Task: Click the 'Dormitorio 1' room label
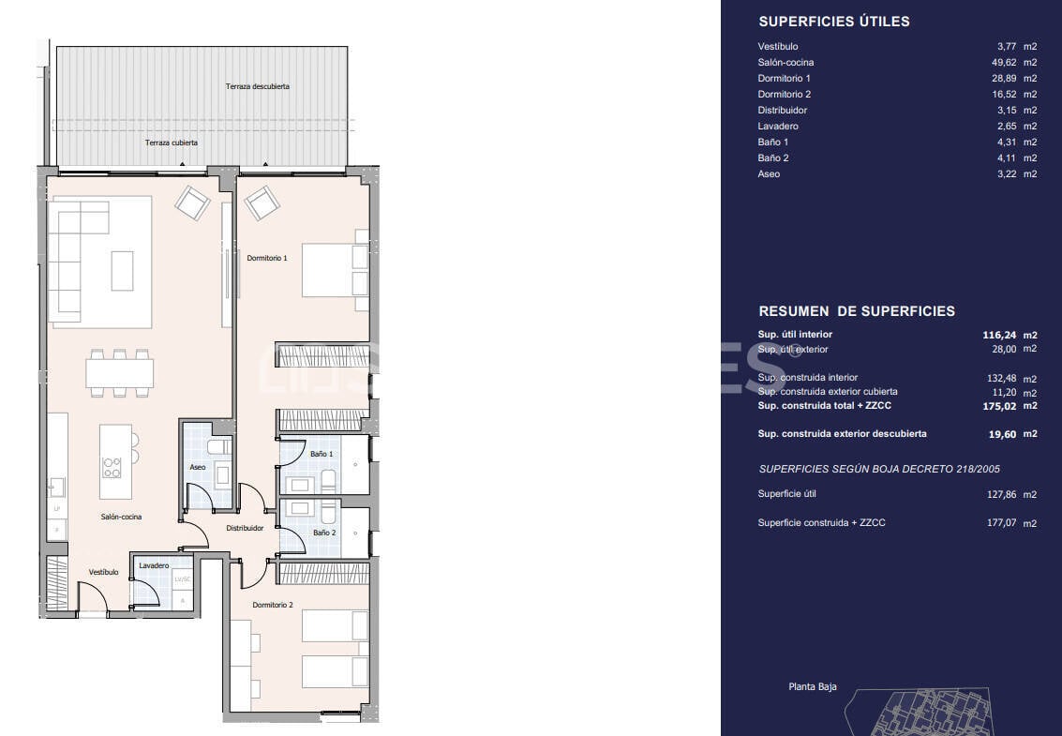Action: click(x=267, y=258)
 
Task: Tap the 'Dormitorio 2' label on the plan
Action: click(x=273, y=606)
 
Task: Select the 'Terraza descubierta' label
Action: click(x=257, y=86)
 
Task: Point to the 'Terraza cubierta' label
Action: click(x=171, y=143)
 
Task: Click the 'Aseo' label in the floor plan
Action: click(x=198, y=467)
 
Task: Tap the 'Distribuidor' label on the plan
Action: click(x=245, y=528)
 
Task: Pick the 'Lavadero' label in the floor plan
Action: click(x=154, y=566)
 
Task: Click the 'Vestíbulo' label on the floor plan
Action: click(x=103, y=572)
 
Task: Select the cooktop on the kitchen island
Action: click(x=112, y=466)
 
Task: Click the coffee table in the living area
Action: click(x=122, y=270)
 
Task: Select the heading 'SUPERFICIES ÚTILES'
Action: click(x=833, y=22)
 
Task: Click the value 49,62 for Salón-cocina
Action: click(x=1004, y=63)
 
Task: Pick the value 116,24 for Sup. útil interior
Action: click(x=1000, y=335)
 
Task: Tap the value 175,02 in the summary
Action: click(x=1000, y=406)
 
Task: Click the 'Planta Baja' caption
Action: click(x=813, y=687)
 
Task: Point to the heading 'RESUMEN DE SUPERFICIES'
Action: click(x=856, y=311)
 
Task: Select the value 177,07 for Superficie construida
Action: click(x=1002, y=523)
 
